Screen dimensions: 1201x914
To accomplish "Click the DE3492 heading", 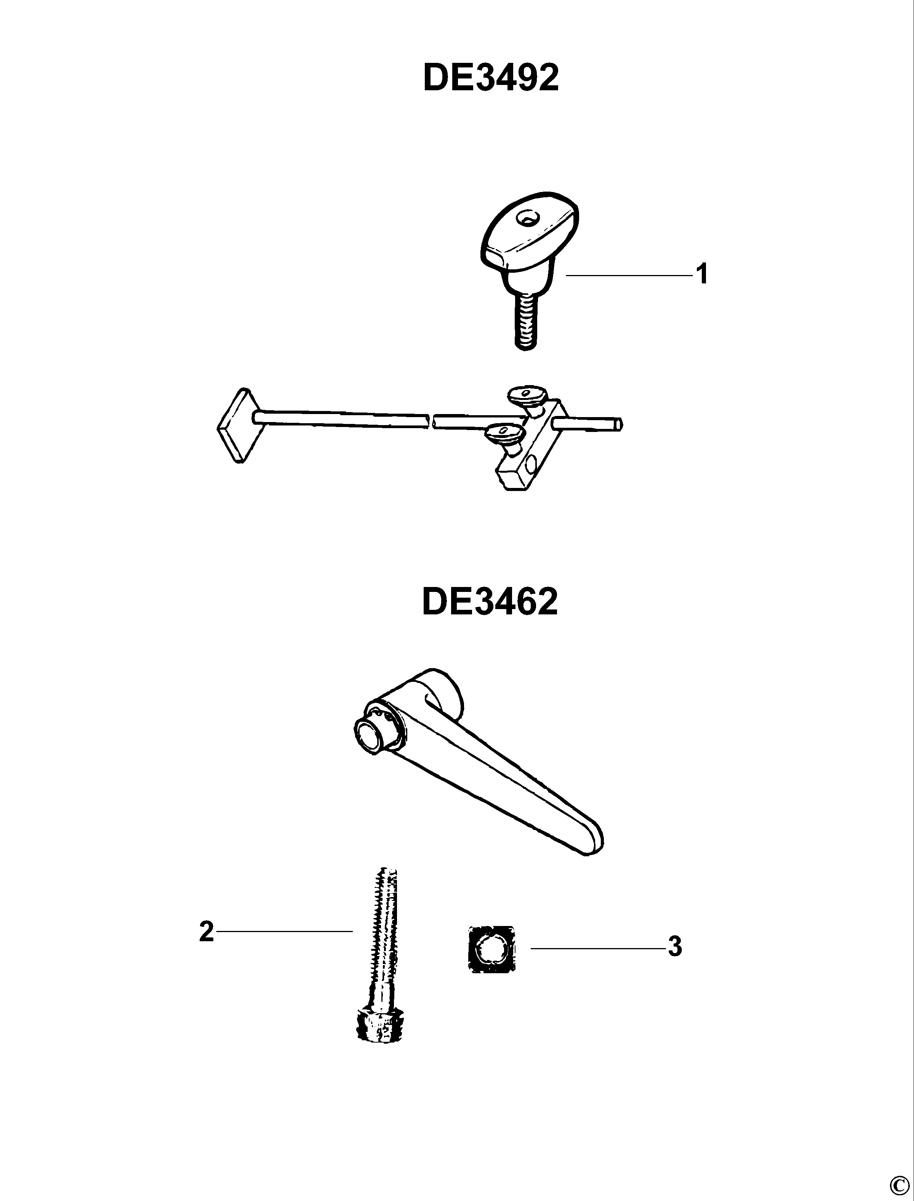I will [x=491, y=79].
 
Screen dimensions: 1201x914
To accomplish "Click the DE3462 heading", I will [x=490, y=603].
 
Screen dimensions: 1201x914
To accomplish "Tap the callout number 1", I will [x=703, y=274].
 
